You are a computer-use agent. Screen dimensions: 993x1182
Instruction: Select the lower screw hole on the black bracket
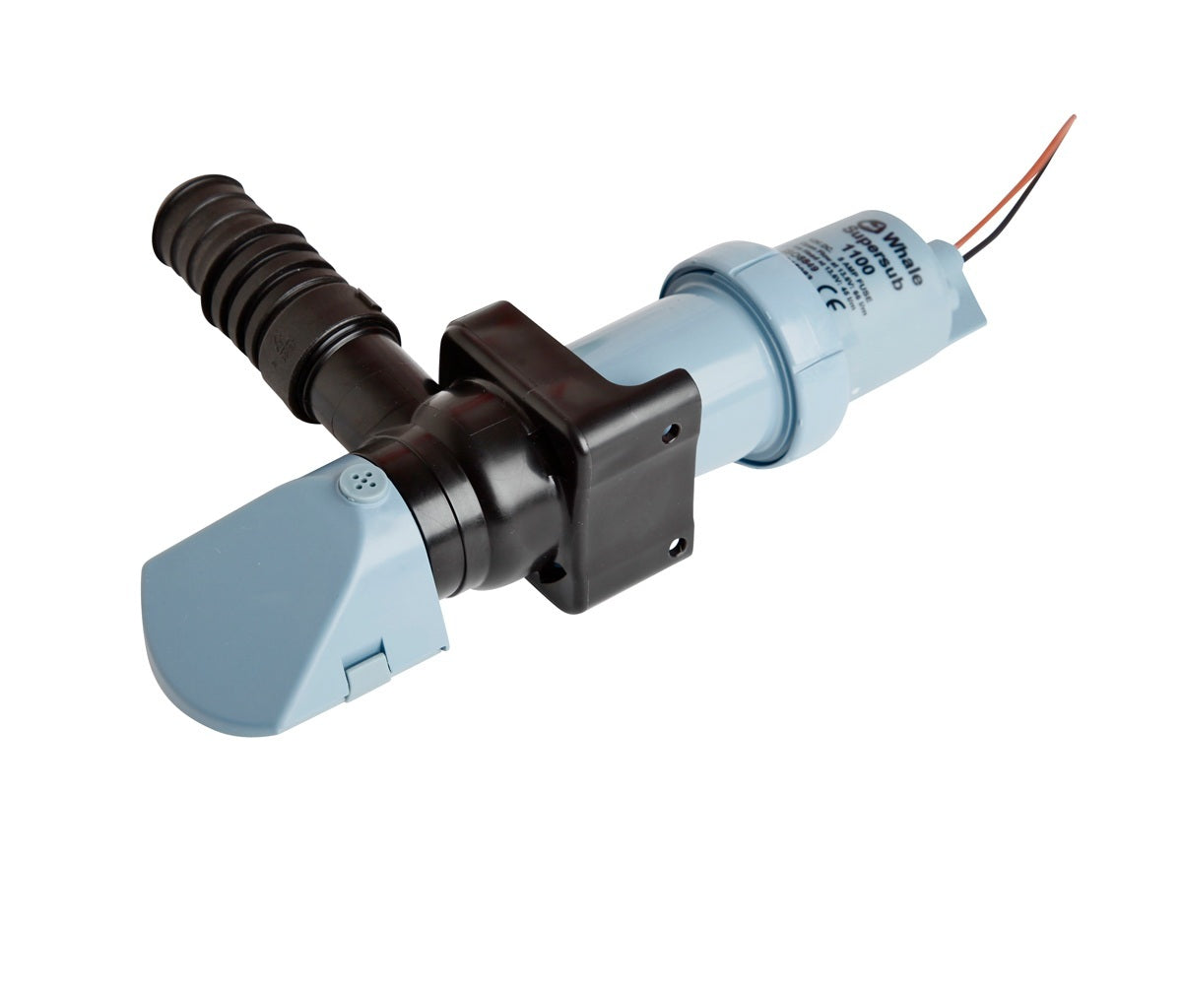(x=677, y=545)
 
